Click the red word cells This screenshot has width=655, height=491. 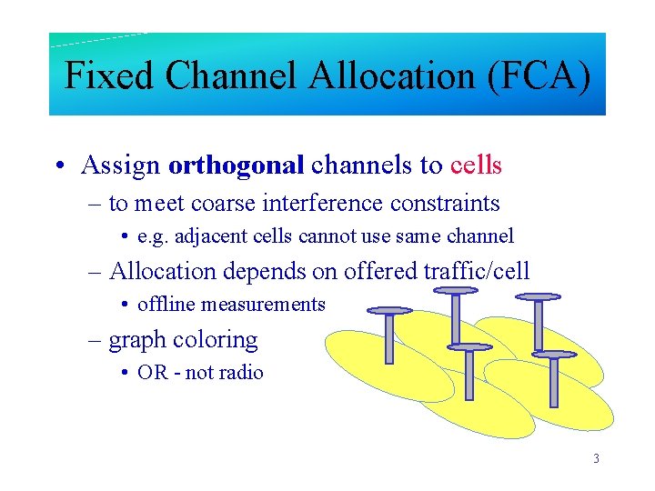click(476, 165)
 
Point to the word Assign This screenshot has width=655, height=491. click(121, 165)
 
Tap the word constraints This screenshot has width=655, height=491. click(445, 203)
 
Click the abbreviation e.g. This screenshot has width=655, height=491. click(150, 236)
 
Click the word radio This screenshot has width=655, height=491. click(240, 373)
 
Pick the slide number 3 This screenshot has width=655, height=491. click(596, 458)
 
